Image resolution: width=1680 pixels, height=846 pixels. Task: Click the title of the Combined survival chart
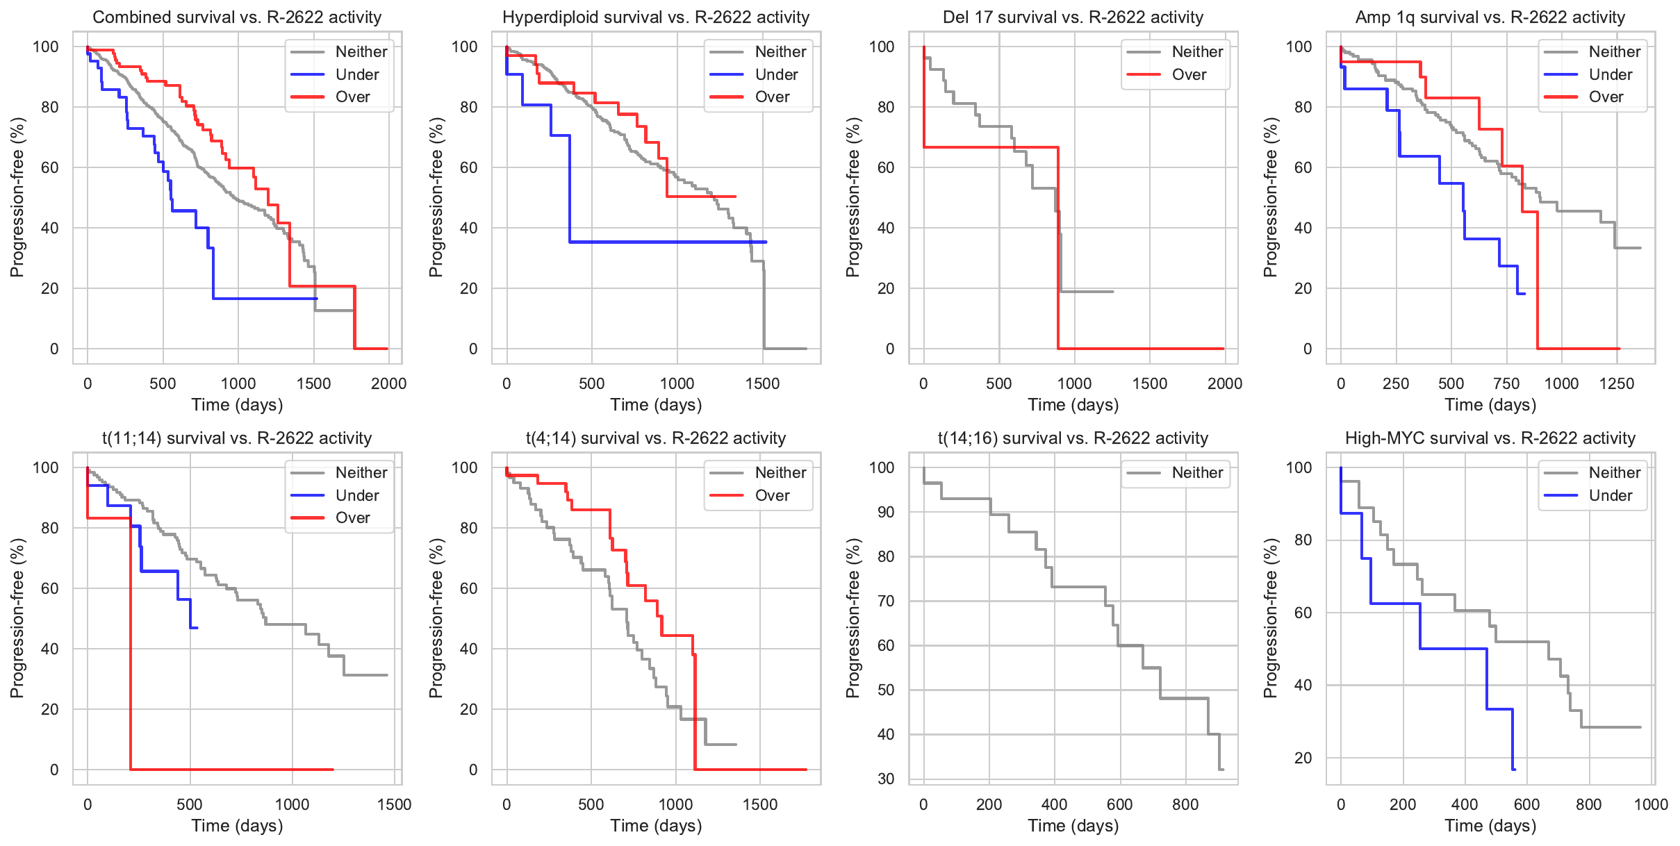pos(237,17)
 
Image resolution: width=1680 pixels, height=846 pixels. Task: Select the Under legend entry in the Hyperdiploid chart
pos(776,74)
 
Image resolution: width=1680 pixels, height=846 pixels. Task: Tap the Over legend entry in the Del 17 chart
pos(1189,74)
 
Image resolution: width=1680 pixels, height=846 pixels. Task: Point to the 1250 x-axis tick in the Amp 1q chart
pos(1616,383)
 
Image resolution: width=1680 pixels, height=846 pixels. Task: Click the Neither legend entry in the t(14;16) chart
pos(1197,473)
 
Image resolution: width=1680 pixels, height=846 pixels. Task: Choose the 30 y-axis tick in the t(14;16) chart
pos(886,779)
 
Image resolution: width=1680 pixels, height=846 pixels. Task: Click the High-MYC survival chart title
pos(1490,438)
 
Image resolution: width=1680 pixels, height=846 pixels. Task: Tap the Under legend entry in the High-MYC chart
pos(1610,495)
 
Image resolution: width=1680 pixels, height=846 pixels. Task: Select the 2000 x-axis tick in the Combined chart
pos(388,383)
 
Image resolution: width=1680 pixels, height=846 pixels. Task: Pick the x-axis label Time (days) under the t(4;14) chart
pos(656,826)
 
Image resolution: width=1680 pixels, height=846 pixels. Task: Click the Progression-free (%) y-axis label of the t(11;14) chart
pos(17,618)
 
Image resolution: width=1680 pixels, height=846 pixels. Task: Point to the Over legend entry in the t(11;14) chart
pos(352,517)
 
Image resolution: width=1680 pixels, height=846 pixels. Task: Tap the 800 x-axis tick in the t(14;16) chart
pos(1185,804)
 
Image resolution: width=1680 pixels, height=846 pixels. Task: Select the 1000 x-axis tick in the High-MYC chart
pos(1651,804)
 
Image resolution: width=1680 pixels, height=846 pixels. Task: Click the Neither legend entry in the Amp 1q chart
pos(1614,51)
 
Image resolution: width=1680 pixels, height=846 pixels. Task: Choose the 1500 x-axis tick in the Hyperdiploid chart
pos(762,383)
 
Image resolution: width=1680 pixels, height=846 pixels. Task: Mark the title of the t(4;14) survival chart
pos(656,438)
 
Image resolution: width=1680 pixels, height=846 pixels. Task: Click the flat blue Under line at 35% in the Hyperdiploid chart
pos(667,242)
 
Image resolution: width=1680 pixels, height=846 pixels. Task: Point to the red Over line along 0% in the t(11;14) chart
pos(229,770)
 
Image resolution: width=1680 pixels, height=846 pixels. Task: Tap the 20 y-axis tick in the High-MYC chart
pos(1303,758)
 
